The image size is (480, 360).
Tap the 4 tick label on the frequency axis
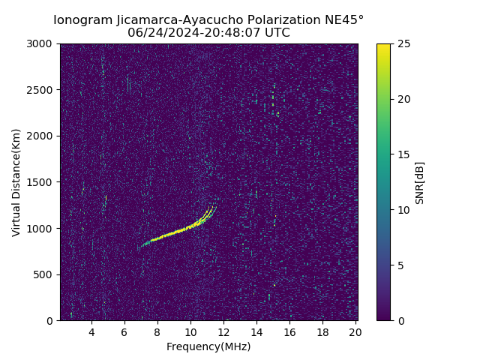tap(91, 332)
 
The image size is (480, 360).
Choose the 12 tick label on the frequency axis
tap(223, 332)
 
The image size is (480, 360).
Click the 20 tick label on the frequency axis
tap(355, 332)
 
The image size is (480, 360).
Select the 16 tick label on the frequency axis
tap(289, 332)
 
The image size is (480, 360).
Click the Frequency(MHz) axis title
tap(208, 346)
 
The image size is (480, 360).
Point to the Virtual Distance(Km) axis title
tap(16, 182)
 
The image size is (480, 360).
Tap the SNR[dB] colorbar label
tap(420, 182)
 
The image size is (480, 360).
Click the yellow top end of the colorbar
tap(383, 46)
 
